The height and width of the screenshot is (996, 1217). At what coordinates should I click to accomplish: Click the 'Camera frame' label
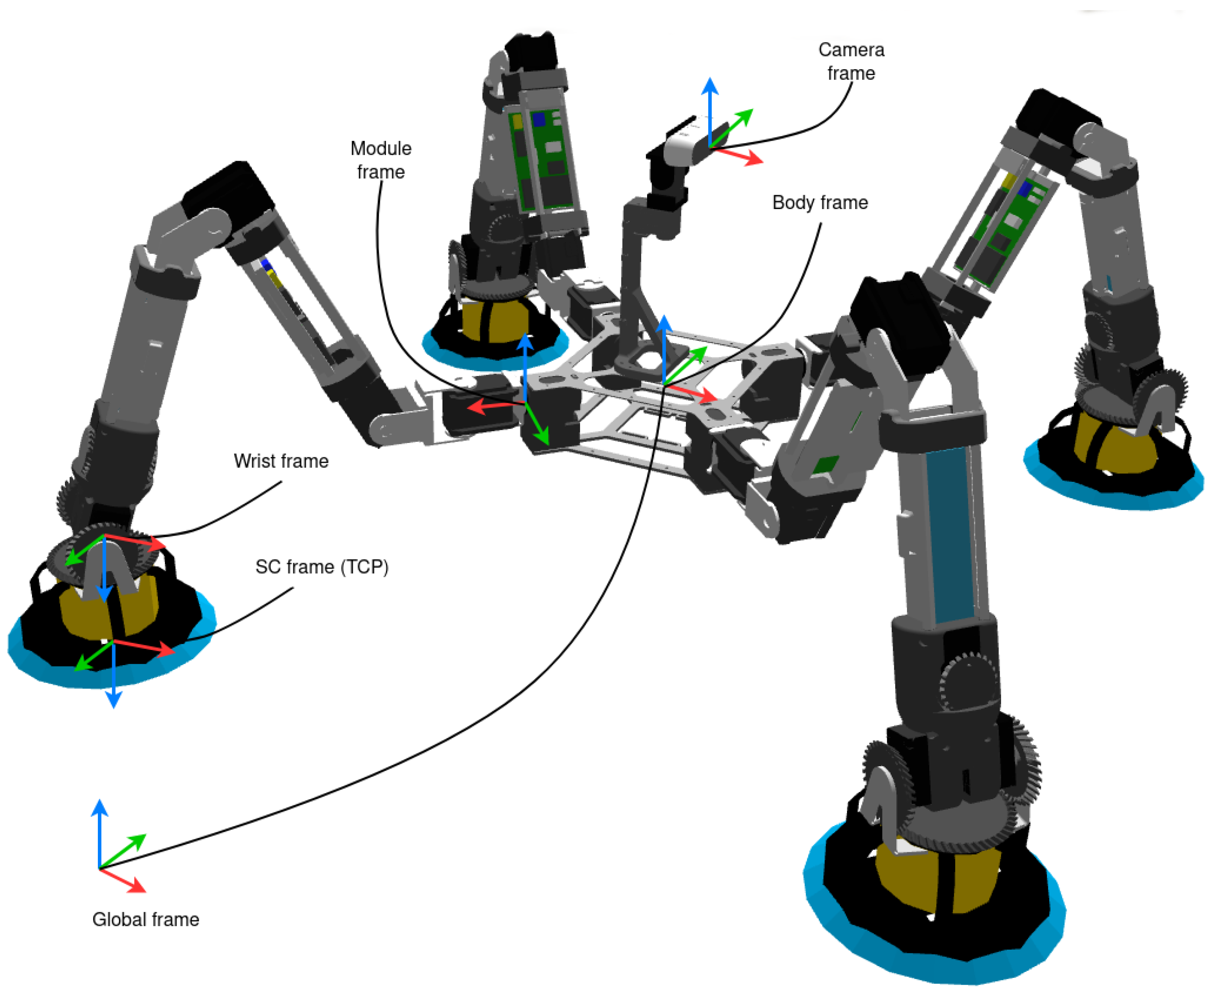pos(851,62)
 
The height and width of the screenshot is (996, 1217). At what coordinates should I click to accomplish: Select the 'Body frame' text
pos(820,202)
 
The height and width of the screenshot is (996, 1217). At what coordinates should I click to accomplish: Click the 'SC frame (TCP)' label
pos(321,567)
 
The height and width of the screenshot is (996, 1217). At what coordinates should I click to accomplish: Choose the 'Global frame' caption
pos(146,920)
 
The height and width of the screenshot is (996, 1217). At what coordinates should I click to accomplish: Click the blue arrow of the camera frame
pos(710,109)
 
